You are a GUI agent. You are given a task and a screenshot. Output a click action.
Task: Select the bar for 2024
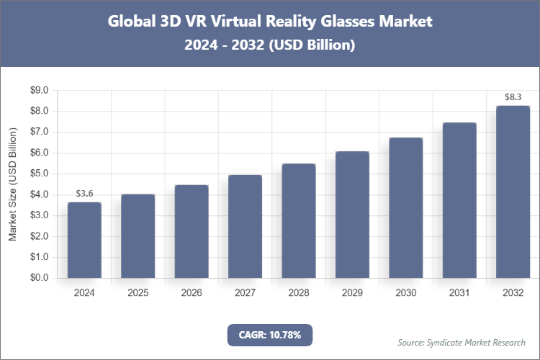84,240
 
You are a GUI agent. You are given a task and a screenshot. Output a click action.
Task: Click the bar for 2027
245,226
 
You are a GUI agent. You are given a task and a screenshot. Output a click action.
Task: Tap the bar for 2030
405,207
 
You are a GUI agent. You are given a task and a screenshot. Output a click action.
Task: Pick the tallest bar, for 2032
513,192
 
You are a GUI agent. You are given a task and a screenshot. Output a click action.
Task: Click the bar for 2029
352,215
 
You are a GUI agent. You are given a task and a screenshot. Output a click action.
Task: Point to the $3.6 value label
84,194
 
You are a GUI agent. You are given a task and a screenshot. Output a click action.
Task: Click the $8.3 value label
513,97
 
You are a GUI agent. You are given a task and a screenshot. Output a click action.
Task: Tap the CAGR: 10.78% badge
270,335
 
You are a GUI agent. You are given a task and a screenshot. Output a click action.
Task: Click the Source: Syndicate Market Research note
462,342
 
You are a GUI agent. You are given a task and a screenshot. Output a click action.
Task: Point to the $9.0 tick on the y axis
39,91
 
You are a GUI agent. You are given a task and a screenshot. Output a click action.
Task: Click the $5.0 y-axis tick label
39,174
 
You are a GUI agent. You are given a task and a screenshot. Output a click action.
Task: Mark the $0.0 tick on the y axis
39,278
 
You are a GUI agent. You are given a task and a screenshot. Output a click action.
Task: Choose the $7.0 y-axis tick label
39,132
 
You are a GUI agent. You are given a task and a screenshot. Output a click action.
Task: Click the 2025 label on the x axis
138,293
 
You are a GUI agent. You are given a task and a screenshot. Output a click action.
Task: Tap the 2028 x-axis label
298,293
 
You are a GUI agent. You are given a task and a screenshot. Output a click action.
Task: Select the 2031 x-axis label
459,293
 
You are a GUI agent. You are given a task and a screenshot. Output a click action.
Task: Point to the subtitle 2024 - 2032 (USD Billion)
270,45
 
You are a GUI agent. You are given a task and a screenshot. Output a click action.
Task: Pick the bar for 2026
192,231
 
